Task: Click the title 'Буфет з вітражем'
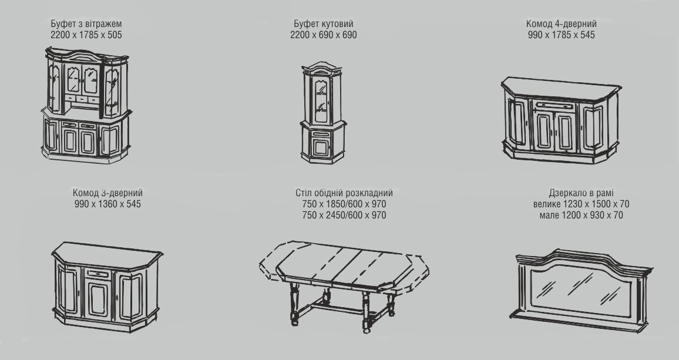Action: click(x=86, y=24)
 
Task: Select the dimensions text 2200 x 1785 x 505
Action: click(x=86, y=35)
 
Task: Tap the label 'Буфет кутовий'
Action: click(x=324, y=24)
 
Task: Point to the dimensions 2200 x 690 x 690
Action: click(x=324, y=35)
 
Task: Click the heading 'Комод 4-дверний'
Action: click(x=561, y=24)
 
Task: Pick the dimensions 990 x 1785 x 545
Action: click(x=561, y=35)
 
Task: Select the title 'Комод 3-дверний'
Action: click(x=107, y=193)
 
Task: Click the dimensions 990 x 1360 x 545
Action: click(x=107, y=204)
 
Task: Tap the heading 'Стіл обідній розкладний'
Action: click(x=344, y=193)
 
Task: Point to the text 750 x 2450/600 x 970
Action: click(x=344, y=216)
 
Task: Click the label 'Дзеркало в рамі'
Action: click(x=581, y=193)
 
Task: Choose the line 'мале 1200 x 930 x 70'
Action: click(x=581, y=216)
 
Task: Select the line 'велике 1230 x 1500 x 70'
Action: click(x=581, y=204)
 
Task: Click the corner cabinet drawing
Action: click(x=323, y=113)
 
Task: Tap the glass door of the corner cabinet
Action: click(x=322, y=100)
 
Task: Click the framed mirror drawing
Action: click(x=581, y=290)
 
